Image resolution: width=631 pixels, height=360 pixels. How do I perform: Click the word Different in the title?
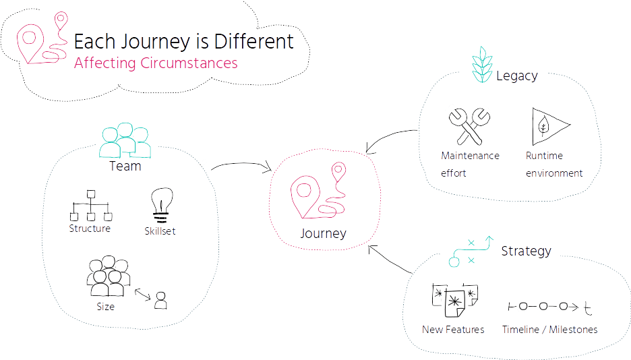(x=253, y=41)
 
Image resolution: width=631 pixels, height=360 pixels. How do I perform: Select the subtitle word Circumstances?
(x=189, y=63)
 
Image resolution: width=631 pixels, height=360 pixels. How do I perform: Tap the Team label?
(x=125, y=166)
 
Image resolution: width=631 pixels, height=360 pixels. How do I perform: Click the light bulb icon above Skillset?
(x=162, y=205)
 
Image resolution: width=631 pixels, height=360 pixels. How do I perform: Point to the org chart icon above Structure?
(x=91, y=206)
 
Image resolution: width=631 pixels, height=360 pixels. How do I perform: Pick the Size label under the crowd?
(x=105, y=307)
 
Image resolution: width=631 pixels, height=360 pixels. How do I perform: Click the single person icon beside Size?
(x=160, y=301)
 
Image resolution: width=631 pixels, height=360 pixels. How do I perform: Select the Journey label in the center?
(x=323, y=234)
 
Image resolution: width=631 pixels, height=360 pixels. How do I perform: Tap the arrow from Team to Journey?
(x=241, y=163)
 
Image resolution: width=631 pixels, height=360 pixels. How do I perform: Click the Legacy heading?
(x=516, y=76)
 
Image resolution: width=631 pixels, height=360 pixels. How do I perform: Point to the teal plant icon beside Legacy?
(x=482, y=65)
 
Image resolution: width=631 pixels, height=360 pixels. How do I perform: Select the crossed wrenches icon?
(x=469, y=126)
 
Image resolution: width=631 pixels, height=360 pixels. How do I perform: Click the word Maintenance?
(x=470, y=156)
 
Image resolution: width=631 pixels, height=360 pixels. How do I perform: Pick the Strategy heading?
(x=526, y=251)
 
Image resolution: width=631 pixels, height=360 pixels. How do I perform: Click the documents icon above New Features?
(x=454, y=300)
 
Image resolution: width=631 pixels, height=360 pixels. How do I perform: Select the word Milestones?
(x=573, y=330)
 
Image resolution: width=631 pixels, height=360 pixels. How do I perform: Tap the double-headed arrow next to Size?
(x=142, y=295)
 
